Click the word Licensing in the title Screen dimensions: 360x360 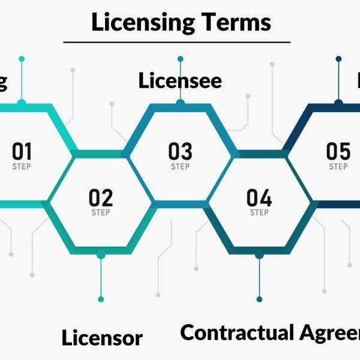click(143, 23)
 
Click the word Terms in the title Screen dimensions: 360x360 click(236, 22)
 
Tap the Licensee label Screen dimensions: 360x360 click(180, 81)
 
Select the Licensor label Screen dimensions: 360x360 click(102, 338)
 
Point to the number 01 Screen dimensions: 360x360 click(22, 151)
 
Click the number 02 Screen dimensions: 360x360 click(101, 197)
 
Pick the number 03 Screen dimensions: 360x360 click(180, 151)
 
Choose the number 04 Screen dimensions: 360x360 click(259, 197)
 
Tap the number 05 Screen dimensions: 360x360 click(338, 151)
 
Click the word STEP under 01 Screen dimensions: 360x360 click(22, 166)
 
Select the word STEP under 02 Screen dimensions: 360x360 click(101, 213)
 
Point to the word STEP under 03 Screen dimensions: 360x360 click(180, 166)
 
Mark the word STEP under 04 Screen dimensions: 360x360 click(259, 213)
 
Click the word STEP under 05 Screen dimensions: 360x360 click(338, 166)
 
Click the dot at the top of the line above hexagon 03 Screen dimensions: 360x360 click(180, 59)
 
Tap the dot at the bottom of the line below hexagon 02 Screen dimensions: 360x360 click(101, 299)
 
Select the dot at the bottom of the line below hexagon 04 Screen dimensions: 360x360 click(259, 299)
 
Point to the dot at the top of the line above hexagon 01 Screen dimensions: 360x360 click(22, 59)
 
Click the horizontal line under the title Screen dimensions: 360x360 click(177, 43)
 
